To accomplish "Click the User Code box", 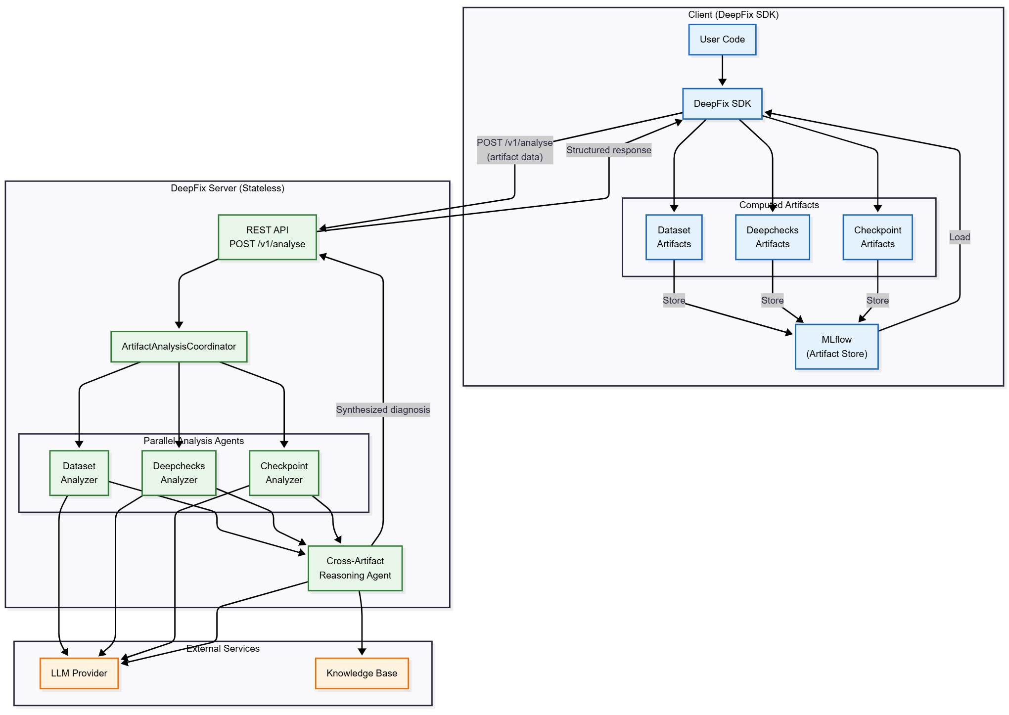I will (x=722, y=40).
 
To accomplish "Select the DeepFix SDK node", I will (x=722, y=104).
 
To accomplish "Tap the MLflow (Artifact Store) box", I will (x=836, y=347).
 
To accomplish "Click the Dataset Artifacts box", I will (x=673, y=237).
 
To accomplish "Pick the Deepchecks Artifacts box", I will (x=772, y=237).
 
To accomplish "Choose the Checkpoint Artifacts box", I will (x=877, y=237).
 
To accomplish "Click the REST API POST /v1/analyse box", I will (x=267, y=237).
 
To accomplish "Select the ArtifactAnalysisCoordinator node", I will (x=179, y=347).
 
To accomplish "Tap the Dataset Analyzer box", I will (x=79, y=473).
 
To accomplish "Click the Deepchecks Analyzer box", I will (x=179, y=473).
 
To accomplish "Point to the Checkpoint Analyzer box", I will (x=283, y=473).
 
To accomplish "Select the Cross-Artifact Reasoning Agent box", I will (x=355, y=568).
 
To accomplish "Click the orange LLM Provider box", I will (x=79, y=673).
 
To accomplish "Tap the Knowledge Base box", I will (x=362, y=673).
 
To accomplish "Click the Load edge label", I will (x=959, y=237).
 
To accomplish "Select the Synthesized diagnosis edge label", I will (x=383, y=409).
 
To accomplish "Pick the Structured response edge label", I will (x=608, y=150).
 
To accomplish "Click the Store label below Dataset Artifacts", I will (x=673, y=300).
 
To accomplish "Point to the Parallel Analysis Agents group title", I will (x=193, y=441).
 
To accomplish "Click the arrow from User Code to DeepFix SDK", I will (x=722, y=70).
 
